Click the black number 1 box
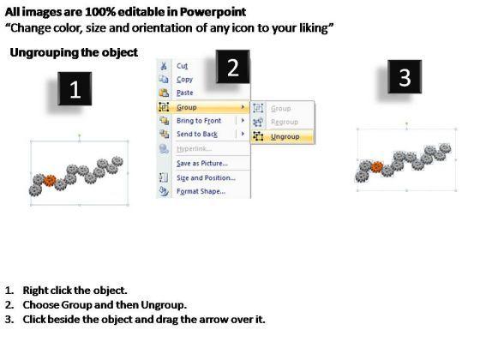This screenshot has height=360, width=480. pos(75,89)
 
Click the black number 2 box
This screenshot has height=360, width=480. pos(233,67)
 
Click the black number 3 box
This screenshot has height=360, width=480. pos(405,77)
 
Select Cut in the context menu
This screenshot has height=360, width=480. pos(182,66)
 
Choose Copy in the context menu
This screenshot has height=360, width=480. pos(184,79)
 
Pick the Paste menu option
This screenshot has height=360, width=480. pos(185,93)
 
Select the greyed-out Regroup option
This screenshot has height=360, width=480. pos(285,122)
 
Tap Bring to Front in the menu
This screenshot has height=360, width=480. pos(199,121)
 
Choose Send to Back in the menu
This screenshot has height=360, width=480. pos(197,134)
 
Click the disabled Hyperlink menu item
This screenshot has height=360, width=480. pos(194,149)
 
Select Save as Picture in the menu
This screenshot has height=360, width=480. pos(202,164)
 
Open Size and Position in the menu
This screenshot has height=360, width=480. pos(206,178)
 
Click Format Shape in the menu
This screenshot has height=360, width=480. pos(201,192)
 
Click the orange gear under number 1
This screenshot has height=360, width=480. pos(50,181)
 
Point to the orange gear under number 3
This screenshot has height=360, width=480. pos(377,167)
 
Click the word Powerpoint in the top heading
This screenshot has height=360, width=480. pos(213,12)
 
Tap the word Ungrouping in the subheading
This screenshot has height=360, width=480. pos(45,52)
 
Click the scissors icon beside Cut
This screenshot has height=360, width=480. pos(164,66)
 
